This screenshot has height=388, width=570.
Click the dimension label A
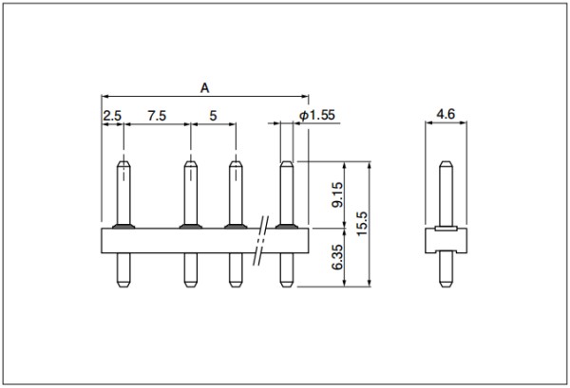pyautogui.click(x=205, y=88)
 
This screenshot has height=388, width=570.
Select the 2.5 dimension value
pyautogui.click(x=112, y=116)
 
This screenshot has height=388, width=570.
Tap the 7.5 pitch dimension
pyautogui.click(x=157, y=116)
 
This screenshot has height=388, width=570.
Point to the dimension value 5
pyautogui.click(x=213, y=116)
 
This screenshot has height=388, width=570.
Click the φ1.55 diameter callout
pyautogui.click(x=317, y=115)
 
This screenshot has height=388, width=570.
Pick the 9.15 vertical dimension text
pyautogui.click(x=337, y=194)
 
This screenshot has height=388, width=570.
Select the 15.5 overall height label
pyautogui.click(x=363, y=224)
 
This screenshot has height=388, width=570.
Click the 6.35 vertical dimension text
pyautogui.click(x=337, y=257)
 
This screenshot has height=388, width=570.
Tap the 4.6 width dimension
pyautogui.click(x=446, y=114)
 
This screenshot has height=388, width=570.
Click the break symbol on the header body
pyautogui.click(x=261, y=240)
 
